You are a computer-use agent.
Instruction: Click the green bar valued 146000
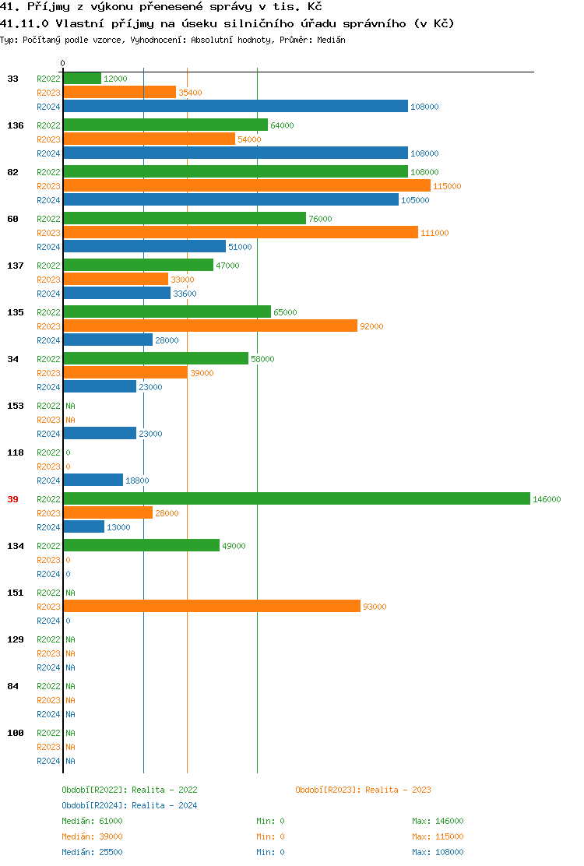click(x=296, y=499)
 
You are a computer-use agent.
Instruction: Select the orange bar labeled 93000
click(x=212, y=607)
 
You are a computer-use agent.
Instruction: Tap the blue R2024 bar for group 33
click(x=235, y=107)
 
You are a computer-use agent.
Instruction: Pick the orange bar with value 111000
click(x=240, y=233)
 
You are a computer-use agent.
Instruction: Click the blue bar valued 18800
click(x=93, y=481)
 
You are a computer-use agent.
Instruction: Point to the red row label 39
click(x=12, y=499)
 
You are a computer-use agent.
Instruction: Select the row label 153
click(x=15, y=406)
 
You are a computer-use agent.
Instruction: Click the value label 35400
click(x=190, y=93)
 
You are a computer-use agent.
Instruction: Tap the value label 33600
click(x=185, y=294)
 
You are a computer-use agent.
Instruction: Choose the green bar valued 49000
click(x=141, y=546)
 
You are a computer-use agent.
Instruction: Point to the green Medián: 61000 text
click(x=92, y=821)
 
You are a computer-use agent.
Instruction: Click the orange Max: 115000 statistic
click(x=438, y=836)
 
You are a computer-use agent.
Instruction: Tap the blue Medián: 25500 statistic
click(x=92, y=852)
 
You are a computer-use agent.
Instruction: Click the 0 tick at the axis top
click(x=63, y=63)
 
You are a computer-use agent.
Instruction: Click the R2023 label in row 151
click(x=48, y=607)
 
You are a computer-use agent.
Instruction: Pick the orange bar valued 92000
click(x=210, y=326)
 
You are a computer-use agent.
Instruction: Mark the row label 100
click(x=15, y=733)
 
